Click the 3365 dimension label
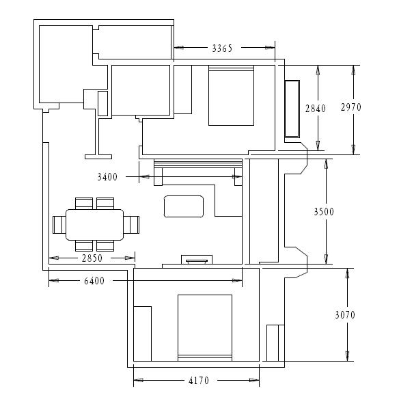[x=222, y=48]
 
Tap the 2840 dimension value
[x=316, y=109]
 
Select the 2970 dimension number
[x=351, y=107]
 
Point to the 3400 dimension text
[x=107, y=177]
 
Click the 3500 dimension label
[x=324, y=211]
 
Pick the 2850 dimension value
[x=92, y=258]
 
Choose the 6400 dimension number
[x=94, y=281]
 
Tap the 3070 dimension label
[x=345, y=315]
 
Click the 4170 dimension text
[x=199, y=381]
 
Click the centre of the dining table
[x=95, y=225]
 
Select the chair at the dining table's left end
[x=59, y=225]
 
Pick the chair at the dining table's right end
[x=131, y=225]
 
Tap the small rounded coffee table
[x=184, y=206]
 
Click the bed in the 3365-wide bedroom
[x=232, y=96]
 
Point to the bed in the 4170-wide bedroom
[x=205, y=328]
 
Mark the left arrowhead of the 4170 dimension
[x=138, y=380]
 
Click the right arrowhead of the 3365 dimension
[x=271, y=48]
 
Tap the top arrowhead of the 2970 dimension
[x=353, y=70]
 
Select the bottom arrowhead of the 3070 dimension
[x=347, y=356]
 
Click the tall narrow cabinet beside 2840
[x=292, y=109]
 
